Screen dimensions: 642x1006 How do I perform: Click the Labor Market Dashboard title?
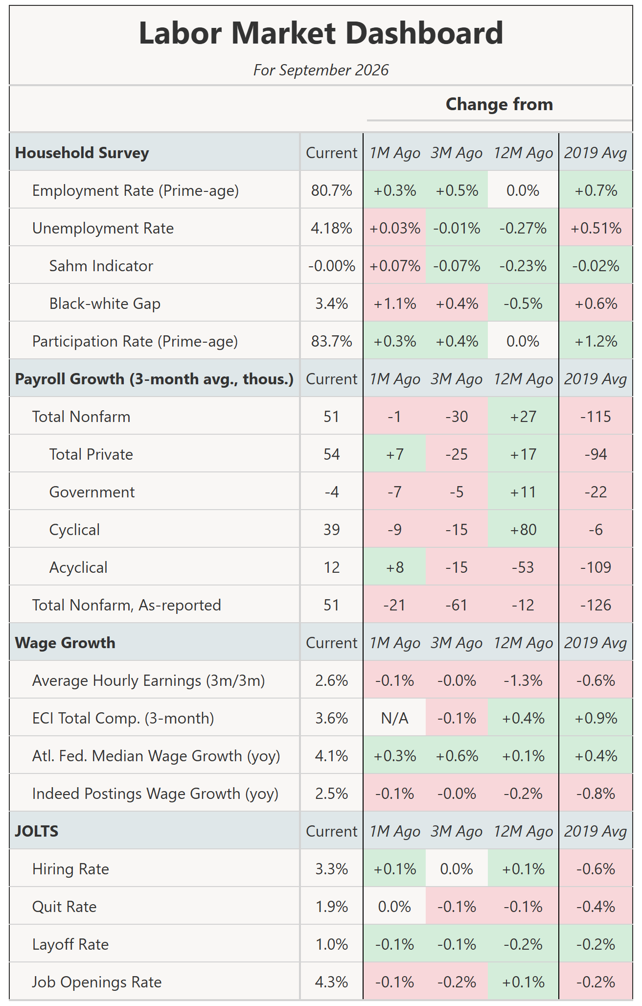pyautogui.click(x=321, y=33)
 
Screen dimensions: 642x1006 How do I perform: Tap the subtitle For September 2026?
pyautogui.click(x=321, y=70)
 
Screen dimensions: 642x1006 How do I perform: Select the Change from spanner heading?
pyautogui.click(x=499, y=104)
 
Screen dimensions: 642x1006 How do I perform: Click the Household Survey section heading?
pyautogui.click(x=82, y=153)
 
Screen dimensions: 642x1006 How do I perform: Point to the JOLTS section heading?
pyautogui.click(x=37, y=831)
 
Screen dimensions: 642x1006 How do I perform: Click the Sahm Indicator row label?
pyautogui.click(x=101, y=266)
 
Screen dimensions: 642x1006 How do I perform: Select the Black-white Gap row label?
pyautogui.click(x=105, y=304)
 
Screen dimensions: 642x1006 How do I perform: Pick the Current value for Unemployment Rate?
pyautogui.click(x=331, y=228)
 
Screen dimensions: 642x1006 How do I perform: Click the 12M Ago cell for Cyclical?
pyautogui.click(x=523, y=530)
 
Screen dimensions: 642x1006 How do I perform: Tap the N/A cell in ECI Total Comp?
pyautogui.click(x=394, y=718)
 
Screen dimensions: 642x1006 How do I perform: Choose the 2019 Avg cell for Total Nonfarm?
pyautogui.click(x=596, y=417)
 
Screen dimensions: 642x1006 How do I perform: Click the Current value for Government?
pyautogui.click(x=331, y=492)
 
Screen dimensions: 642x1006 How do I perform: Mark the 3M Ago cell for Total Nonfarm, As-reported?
pyautogui.click(x=457, y=605)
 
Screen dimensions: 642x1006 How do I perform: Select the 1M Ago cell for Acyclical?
pyautogui.click(x=394, y=567)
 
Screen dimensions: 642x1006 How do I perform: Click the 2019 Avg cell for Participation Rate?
pyautogui.click(x=596, y=341)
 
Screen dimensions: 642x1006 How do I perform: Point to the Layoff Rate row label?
pyautogui.click(x=70, y=944)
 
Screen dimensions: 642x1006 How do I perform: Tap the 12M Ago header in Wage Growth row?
pyautogui.click(x=523, y=643)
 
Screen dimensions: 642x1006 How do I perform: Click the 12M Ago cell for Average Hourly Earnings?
pyautogui.click(x=523, y=680)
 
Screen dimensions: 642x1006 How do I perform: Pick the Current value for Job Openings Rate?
pyautogui.click(x=331, y=982)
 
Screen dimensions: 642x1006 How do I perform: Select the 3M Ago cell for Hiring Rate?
pyautogui.click(x=457, y=869)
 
